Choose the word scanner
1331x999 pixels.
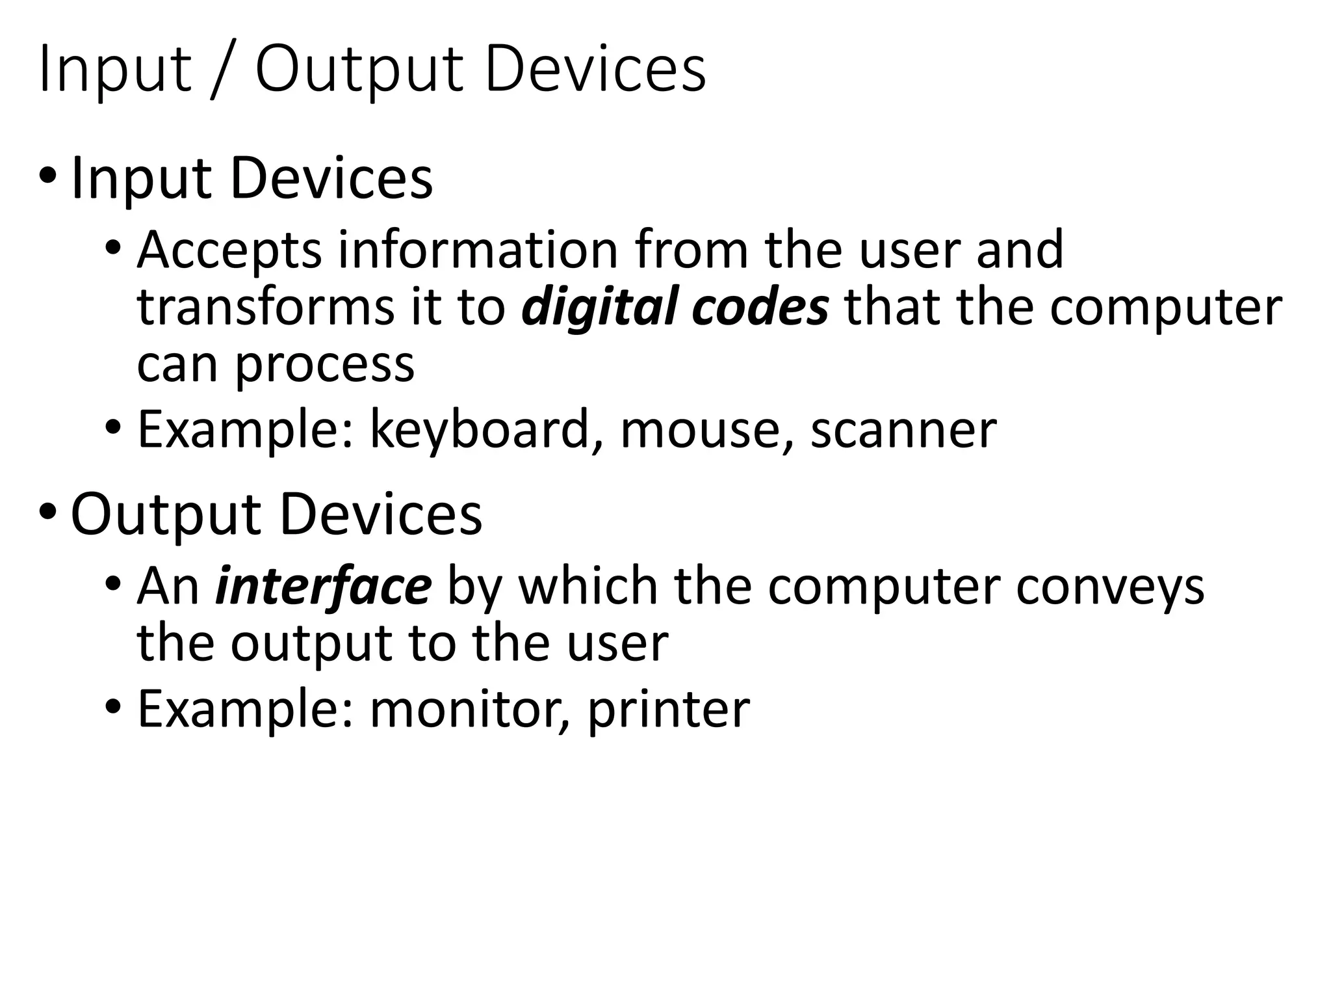903,431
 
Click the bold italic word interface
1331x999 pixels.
323,586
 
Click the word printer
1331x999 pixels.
669,710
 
